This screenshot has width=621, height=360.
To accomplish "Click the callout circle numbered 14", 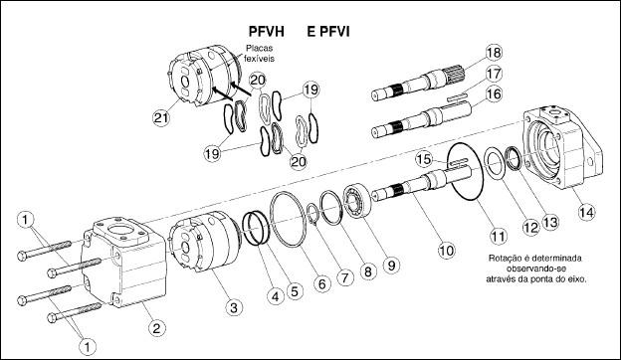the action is pyautogui.click(x=586, y=213).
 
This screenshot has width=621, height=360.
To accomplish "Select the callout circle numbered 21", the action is pyautogui.click(x=161, y=118).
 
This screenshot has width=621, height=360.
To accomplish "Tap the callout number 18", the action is pyautogui.click(x=493, y=53).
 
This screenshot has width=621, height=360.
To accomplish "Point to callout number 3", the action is pyautogui.click(x=234, y=307).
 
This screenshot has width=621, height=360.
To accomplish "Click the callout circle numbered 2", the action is pyautogui.click(x=157, y=327).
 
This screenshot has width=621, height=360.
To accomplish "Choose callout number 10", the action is pyautogui.click(x=447, y=250).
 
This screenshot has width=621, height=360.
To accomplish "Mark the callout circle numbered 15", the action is pyautogui.click(x=424, y=159).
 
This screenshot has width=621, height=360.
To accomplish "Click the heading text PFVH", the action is pyautogui.click(x=266, y=31).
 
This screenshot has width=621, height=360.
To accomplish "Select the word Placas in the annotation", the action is pyautogui.click(x=260, y=49).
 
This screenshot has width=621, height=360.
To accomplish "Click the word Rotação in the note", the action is pyautogui.click(x=503, y=259).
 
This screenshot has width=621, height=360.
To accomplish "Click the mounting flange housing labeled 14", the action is pyautogui.click(x=562, y=147).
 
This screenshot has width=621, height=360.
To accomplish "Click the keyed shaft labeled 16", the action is pyautogui.click(x=422, y=117).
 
